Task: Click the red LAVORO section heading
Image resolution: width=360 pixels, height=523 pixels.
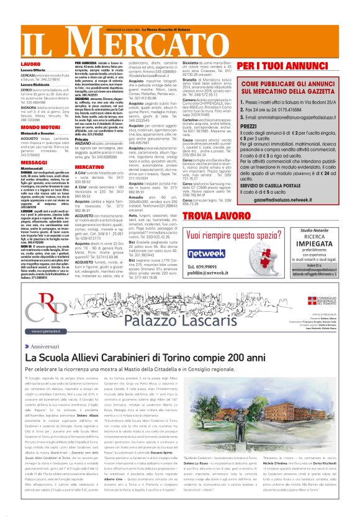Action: (x=14, y=63)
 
